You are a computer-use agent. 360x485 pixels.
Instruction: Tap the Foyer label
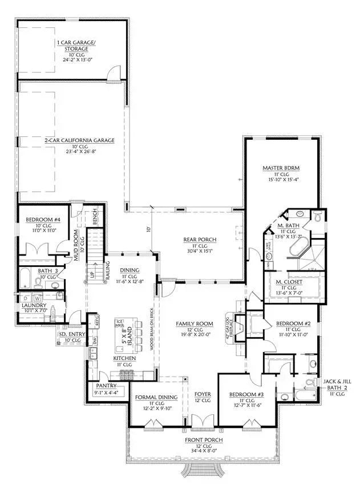203,394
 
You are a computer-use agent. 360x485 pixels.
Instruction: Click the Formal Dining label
155,397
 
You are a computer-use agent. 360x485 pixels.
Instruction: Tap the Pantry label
106,386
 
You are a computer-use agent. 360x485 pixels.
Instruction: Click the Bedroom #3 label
245,395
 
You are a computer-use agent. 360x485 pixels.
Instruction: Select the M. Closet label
289,281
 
